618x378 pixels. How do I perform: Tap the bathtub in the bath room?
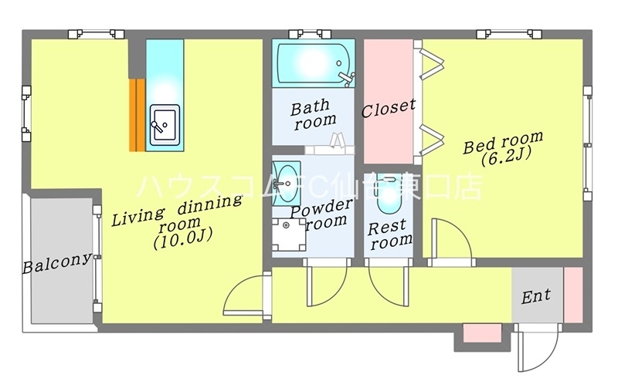point(313,63)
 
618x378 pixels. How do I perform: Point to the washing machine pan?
point(289,235)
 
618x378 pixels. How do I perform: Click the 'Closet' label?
point(389,108)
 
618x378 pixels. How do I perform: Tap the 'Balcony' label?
point(57,262)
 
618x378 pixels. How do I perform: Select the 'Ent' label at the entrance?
point(536,295)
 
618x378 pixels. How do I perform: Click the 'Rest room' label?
point(389,235)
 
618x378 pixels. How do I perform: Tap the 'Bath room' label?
point(314,114)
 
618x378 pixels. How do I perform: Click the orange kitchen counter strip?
point(138,115)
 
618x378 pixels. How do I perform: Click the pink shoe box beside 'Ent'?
point(573,295)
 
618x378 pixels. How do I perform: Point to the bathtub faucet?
point(347,77)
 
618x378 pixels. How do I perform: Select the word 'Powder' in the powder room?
point(321,208)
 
